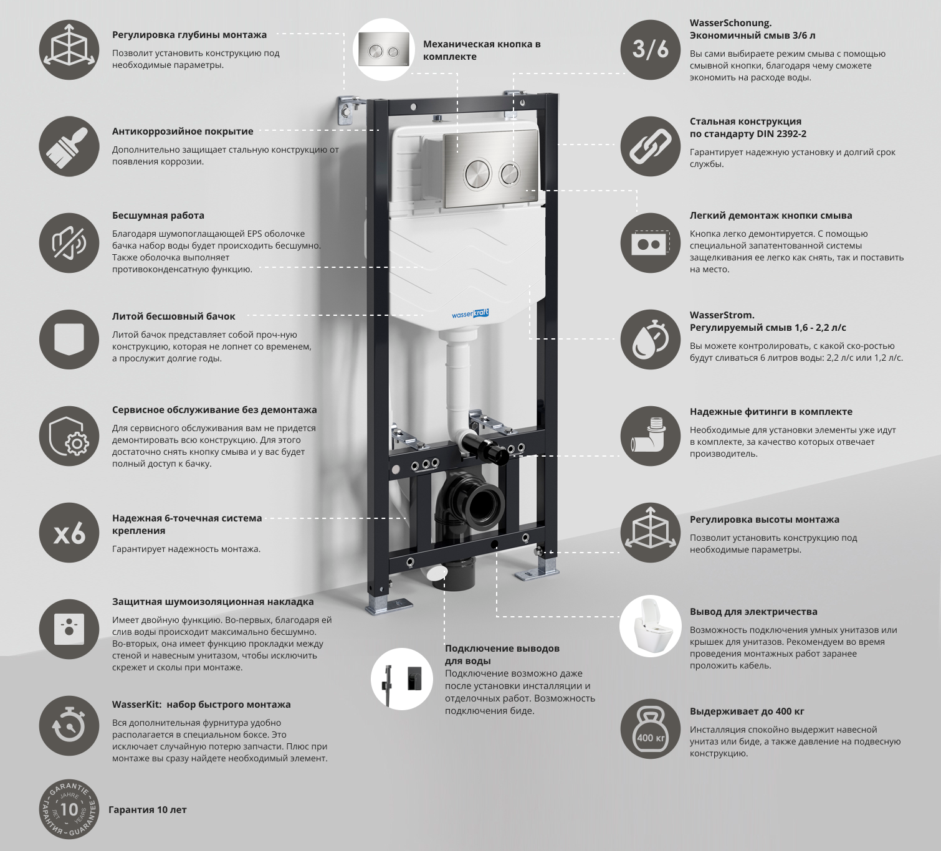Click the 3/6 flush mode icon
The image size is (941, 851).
point(650,50)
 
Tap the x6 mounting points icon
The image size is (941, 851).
point(69,533)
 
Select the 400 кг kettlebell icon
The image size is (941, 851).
point(650,729)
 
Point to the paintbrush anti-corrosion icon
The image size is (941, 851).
point(69,147)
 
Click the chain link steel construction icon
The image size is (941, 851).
point(650,147)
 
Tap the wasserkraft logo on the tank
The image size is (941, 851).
point(470,314)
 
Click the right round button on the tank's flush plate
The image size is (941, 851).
point(510,174)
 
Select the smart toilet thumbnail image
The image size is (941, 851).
point(650,626)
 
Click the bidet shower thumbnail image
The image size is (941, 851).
point(402,679)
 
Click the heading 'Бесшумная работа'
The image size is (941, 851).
point(158,216)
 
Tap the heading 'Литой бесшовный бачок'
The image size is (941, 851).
point(174,316)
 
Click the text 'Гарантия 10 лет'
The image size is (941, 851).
point(148,810)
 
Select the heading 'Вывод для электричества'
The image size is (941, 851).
point(753,612)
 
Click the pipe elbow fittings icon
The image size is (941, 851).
point(650,436)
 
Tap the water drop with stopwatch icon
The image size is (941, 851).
point(650,340)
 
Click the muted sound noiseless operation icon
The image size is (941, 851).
point(69,243)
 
